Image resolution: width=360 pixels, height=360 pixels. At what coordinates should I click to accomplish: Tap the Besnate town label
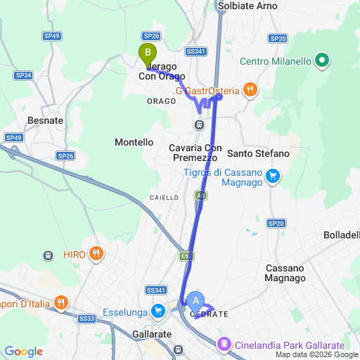pos(45,120)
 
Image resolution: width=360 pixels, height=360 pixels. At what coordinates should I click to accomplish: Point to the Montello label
pos(134,142)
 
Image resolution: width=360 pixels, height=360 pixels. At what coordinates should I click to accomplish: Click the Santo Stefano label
pos(258,153)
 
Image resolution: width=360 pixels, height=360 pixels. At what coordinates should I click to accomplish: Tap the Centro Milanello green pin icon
pos(323,60)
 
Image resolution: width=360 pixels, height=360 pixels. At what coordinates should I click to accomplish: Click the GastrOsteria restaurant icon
pos(250,89)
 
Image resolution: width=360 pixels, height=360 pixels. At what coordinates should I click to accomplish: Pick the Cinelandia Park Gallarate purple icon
pos(224,345)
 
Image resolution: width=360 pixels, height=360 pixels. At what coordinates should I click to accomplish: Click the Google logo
pos(23,352)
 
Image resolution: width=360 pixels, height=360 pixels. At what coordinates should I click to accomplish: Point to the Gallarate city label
pos(152,334)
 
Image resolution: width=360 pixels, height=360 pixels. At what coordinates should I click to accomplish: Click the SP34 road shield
pos(24,75)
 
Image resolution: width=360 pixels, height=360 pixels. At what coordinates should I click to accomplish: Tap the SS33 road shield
pos(87,319)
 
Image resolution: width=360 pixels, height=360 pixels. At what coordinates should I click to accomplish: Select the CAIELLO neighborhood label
pos(164,198)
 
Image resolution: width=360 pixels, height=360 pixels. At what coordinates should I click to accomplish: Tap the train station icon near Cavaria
pos(200,124)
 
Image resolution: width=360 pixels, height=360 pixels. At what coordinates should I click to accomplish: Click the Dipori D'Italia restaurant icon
pos(61,303)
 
